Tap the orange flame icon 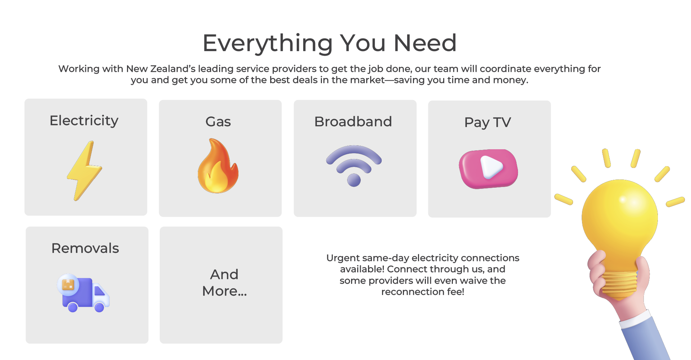[218, 166]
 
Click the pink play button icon [488, 169]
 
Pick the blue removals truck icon [83, 293]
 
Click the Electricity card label [84, 121]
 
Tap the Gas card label [218, 122]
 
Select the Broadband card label [353, 122]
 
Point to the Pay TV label [487, 123]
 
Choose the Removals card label [85, 248]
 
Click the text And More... [224, 283]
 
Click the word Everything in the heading [268, 43]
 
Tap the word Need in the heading [425, 43]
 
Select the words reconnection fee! [423, 292]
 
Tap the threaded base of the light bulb [619, 284]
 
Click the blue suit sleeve [646, 338]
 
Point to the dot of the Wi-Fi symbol [354, 180]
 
